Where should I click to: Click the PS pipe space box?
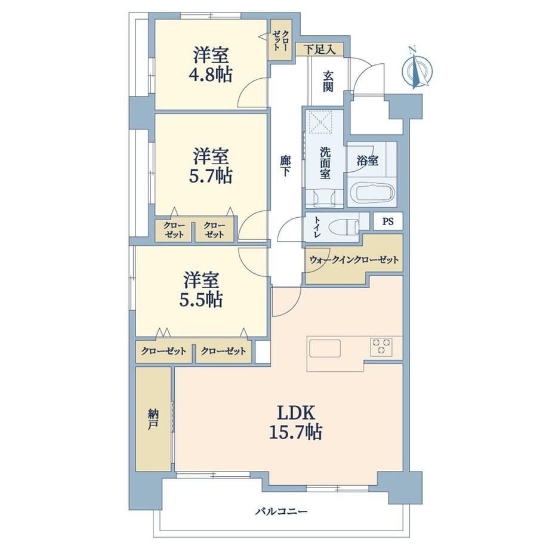[x=388, y=221]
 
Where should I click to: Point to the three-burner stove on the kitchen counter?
[x=381, y=347]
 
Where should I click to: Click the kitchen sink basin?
[x=325, y=348]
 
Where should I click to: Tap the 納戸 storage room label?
[x=153, y=419]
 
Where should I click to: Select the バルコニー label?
[x=281, y=511]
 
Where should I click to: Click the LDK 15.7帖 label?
[x=296, y=422]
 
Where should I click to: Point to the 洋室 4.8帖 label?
[x=211, y=66]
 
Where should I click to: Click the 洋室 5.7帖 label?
[x=211, y=166]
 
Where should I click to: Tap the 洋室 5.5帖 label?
[x=201, y=289]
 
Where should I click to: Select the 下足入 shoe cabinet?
[x=319, y=50]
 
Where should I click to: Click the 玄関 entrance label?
[x=328, y=81]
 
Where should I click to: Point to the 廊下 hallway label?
[x=285, y=166]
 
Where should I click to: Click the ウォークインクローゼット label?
[x=354, y=260]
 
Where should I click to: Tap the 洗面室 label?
[x=325, y=163]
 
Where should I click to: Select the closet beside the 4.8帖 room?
[x=280, y=40]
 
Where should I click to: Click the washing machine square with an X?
[x=319, y=122]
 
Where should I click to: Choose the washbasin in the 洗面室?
[x=325, y=198]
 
